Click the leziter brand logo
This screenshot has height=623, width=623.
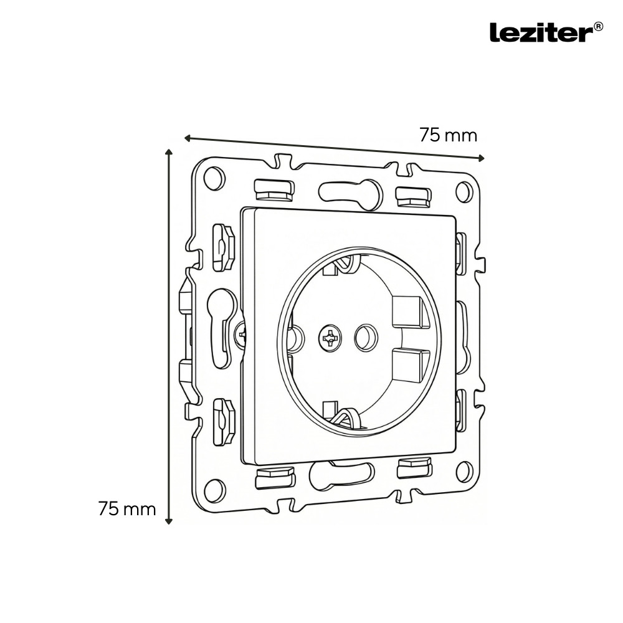541,32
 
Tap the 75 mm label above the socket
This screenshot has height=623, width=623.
448,135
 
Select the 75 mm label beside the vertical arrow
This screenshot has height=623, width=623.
127,508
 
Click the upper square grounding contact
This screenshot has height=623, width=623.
411,311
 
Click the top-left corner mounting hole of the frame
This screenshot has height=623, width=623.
214,178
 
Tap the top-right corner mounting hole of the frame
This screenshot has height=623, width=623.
464,191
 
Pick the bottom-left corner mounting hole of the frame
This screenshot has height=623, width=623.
214,490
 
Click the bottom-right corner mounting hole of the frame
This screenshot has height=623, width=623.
464,471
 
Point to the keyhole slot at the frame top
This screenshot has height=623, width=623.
351,193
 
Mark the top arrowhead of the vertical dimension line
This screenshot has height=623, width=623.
168,151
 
